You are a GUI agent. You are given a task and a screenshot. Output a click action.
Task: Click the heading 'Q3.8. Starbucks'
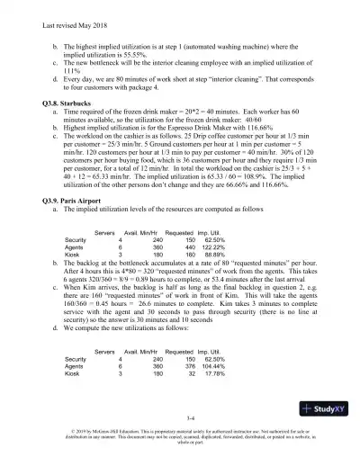pos(76,102)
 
